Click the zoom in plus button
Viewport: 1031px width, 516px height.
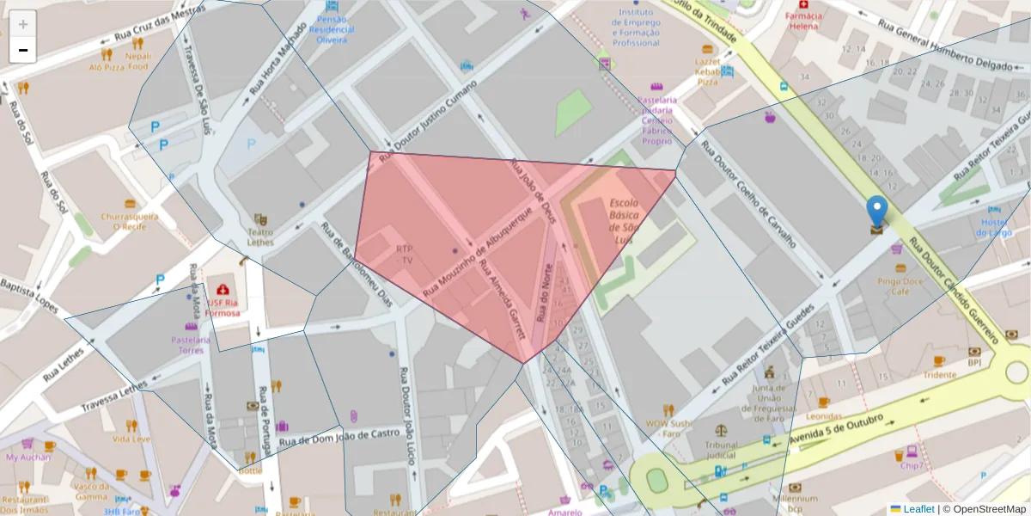(x=23, y=24)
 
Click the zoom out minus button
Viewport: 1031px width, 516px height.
(x=23, y=50)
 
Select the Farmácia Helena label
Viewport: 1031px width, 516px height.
(x=804, y=21)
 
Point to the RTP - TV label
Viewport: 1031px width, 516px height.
(x=404, y=254)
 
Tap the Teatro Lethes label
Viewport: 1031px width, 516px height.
(x=260, y=237)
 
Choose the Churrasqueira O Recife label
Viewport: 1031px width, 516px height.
(x=129, y=221)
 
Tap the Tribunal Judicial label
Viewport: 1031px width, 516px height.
(x=721, y=451)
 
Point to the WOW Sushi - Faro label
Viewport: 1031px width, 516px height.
(x=669, y=427)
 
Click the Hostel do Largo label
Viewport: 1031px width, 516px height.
(x=994, y=227)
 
